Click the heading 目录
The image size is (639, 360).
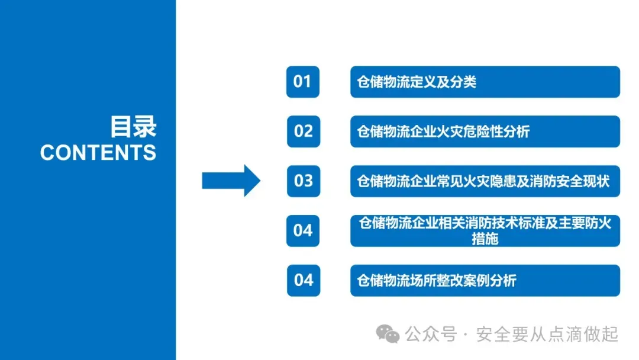[133, 127]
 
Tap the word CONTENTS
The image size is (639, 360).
[98, 153]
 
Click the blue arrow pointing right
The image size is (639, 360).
[231, 180]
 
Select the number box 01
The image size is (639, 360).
[302, 81]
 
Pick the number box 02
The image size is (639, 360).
[303, 131]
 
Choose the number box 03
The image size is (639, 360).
[303, 181]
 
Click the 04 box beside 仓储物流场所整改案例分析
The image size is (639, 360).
[303, 279]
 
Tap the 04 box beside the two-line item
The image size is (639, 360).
[302, 230]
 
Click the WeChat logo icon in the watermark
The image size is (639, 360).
[389, 335]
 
